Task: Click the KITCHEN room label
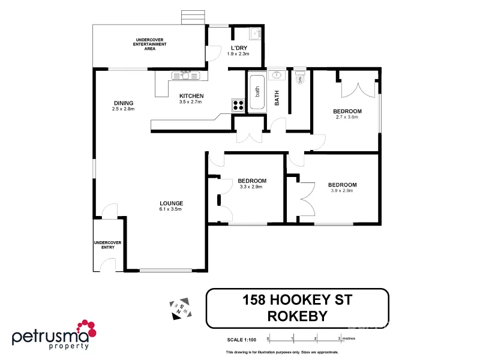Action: click(191, 96)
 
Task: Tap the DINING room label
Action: click(123, 103)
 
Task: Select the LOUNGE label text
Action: click(170, 203)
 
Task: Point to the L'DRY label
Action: click(237, 48)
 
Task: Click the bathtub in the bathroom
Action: click(256, 92)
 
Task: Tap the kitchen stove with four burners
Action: click(238, 105)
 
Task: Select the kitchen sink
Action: click(185, 75)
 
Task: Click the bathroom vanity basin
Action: click(277, 75)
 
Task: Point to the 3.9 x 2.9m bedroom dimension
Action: click(342, 191)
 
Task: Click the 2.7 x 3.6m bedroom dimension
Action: click(347, 117)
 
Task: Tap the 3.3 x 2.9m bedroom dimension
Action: click(251, 187)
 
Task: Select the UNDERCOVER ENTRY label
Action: click(107, 245)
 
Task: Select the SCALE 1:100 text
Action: click(242, 339)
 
